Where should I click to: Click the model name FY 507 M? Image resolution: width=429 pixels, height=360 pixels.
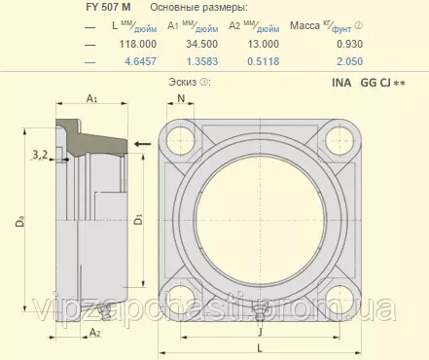(x=108, y=7)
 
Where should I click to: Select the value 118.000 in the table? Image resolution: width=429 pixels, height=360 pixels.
(x=138, y=44)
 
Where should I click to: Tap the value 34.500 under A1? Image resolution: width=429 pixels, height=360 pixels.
(x=201, y=44)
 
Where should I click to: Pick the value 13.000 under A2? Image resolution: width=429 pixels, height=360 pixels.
(x=264, y=44)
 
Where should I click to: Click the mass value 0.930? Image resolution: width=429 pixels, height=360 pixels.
(x=349, y=44)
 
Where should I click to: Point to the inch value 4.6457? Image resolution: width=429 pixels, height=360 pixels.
(x=141, y=61)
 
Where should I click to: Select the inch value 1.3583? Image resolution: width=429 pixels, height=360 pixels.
(x=202, y=61)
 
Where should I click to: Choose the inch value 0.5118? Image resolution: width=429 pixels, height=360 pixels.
(x=264, y=61)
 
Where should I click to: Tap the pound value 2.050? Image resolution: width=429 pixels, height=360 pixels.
(x=349, y=61)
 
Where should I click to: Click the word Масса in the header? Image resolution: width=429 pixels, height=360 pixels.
(x=304, y=25)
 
